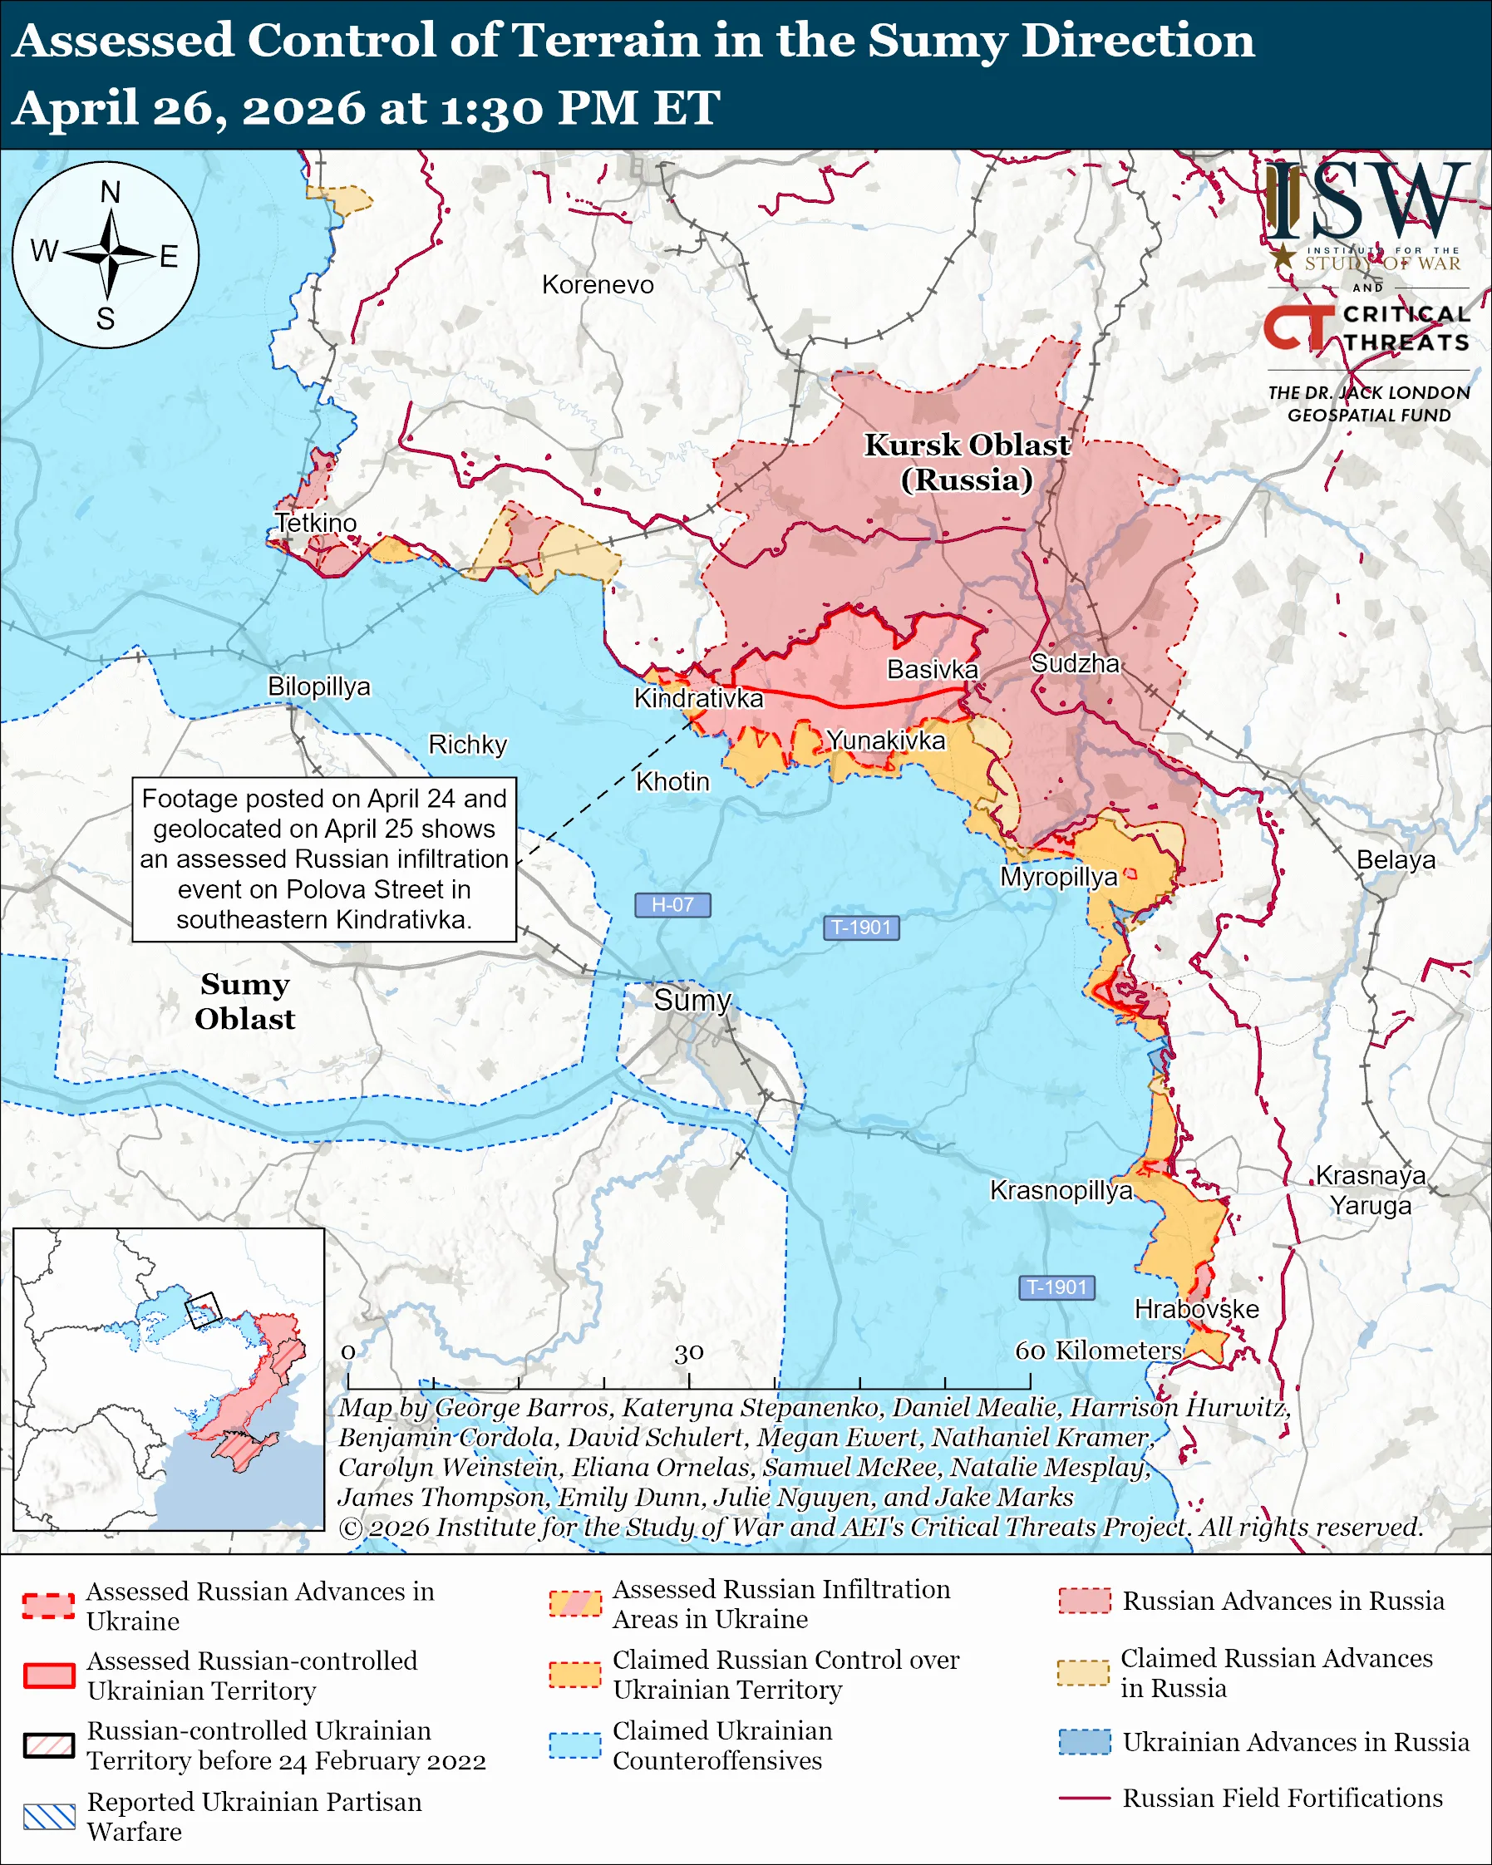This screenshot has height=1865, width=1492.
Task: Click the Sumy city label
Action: point(692,1000)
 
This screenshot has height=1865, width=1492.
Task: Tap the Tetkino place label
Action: point(316,523)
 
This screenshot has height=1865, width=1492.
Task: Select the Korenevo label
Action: point(598,284)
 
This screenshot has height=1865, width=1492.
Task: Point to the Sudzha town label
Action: point(1075,663)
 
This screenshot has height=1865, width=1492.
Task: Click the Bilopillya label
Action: point(318,686)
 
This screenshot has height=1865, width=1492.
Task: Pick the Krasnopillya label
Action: point(1061,1190)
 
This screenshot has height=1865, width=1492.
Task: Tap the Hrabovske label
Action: point(1196,1309)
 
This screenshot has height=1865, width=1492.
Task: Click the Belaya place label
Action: point(1395,860)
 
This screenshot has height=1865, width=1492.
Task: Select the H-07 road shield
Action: point(672,905)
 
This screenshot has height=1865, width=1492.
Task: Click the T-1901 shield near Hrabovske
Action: point(1056,1287)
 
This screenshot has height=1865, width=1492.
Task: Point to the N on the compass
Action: point(110,192)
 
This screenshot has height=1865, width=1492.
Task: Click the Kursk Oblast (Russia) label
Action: point(967,462)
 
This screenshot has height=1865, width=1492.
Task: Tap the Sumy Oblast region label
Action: point(244,1001)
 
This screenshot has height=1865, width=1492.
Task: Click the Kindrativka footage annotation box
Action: point(324,859)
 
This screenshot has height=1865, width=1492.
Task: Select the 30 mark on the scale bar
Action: point(689,1352)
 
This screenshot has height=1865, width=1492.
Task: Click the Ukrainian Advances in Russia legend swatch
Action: point(1084,1741)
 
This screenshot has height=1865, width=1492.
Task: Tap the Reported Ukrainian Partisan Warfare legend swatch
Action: point(49,1817)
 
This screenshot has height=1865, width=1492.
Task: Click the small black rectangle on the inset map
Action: point(204,1310)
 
